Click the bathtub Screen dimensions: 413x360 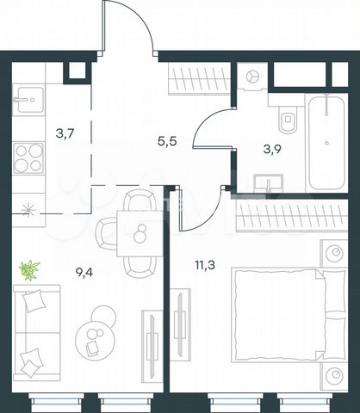[x=327, y=141]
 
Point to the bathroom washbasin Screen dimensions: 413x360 [x=269, y=182]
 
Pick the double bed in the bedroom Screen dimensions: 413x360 [x=288, y=315]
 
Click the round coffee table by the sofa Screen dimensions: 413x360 [x=93, y=331]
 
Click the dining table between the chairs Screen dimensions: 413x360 [x=135, y=232]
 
